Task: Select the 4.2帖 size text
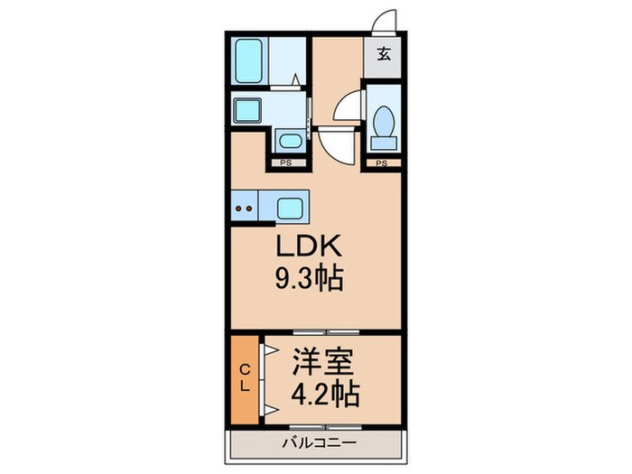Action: pos(324,394)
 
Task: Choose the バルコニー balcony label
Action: pos(315,442)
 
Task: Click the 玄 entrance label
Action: pos(383,53)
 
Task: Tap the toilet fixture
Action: pos(383,123)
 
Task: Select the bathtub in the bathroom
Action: pos(248,60)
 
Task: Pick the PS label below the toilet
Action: pos(382,163)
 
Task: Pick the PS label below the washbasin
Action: pos(283,163)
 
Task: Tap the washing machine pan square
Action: pos(247,111)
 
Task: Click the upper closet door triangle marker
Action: pos(269,349)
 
